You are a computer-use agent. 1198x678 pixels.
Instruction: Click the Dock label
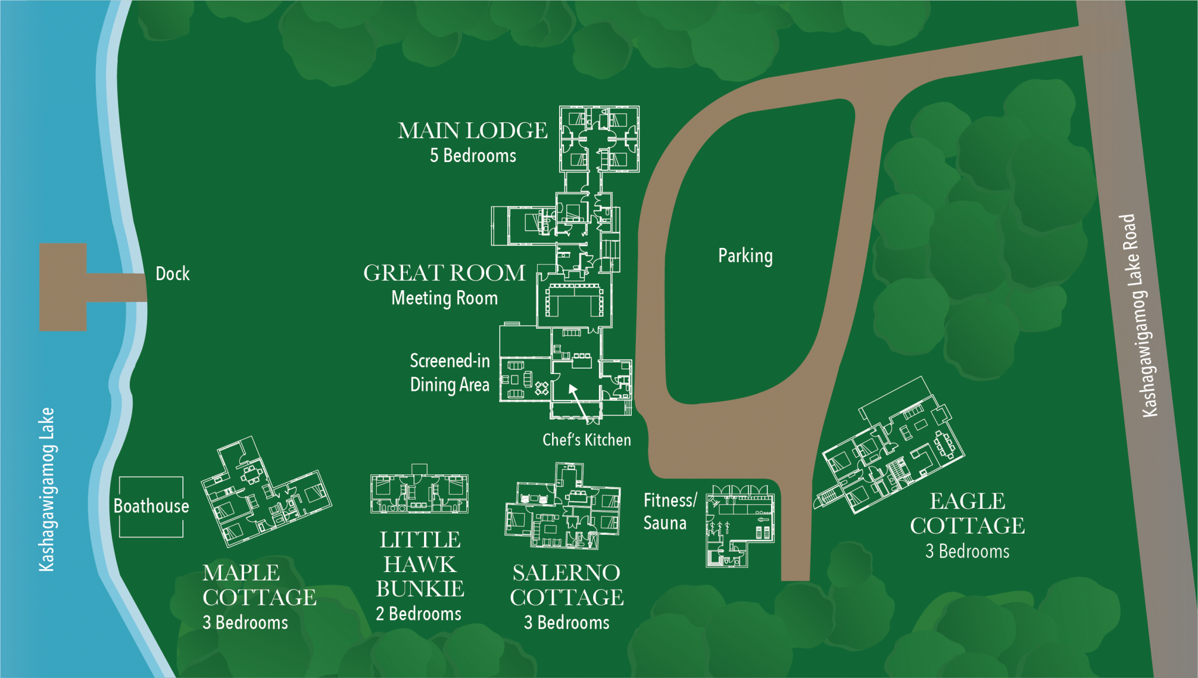click(x=173, y=274)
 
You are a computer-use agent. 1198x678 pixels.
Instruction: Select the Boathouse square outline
click(x=151, y=506)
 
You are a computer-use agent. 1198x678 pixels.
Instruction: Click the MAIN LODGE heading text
click(x=473, y=130)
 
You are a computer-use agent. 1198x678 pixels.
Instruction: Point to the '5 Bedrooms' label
click(x=473, y=156)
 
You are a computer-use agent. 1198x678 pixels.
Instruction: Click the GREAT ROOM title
click(x=444, y=273)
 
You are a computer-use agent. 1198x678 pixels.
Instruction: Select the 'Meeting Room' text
click(x=444, y=298)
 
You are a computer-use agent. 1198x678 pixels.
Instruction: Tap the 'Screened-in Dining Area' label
click(x=449, y=373)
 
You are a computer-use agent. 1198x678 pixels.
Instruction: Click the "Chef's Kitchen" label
click(x=586, y=440)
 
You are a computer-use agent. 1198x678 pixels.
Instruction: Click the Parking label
click(x=745, y=256)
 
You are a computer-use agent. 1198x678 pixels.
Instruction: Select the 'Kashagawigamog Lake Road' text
click(x=1138, y=316)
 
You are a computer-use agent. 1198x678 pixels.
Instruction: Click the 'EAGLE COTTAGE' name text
click(x=967, y=514)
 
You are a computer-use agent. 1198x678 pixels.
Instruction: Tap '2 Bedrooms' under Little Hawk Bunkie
click(x=418, y=614)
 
